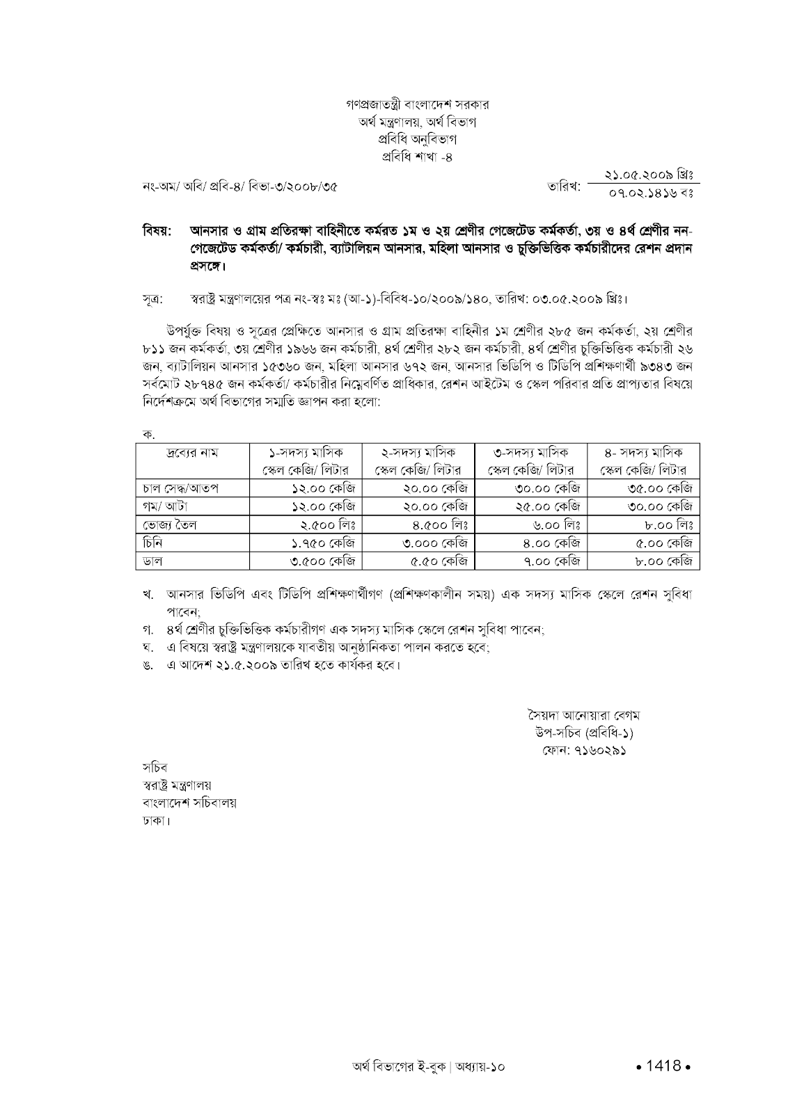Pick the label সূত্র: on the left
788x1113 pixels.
coord(152,300)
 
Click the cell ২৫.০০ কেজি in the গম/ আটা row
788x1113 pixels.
coord(546,506)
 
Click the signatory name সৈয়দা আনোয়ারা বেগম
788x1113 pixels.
coord(583,714)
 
